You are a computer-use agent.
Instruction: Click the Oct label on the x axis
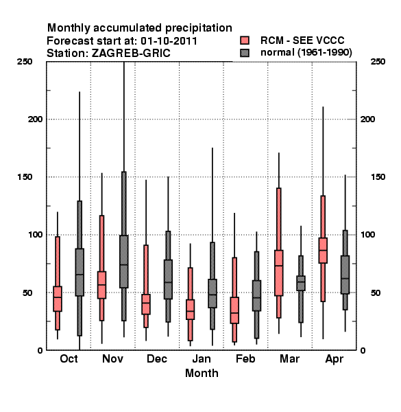pos(69,359)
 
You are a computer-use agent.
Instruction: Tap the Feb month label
pos(245,359)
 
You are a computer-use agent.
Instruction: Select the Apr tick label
pos(334,359)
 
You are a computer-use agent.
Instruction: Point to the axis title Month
pos(202,374)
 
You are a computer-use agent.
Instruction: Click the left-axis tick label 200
pos(35,119)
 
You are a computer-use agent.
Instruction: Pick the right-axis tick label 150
pos(378,177)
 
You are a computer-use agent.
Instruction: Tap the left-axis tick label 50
pos(27,293)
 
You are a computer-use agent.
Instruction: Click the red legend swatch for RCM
pos(245,41)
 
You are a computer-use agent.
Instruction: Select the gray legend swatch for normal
pos(245,53)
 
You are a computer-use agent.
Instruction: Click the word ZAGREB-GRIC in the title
pos(131,54)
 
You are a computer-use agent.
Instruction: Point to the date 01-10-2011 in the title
pos(169,41)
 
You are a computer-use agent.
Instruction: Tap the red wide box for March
pos(279,273)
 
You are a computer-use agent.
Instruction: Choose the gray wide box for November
pos(124,262)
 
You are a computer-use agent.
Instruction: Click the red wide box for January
pos(191,310)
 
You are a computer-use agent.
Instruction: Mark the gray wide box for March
pos(301,283)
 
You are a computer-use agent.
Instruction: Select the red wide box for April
pos(323,251)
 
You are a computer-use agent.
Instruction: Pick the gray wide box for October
pos(80,272)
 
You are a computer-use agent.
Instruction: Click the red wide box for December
pos(146,304)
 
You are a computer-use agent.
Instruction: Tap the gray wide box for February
pos(257,295)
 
